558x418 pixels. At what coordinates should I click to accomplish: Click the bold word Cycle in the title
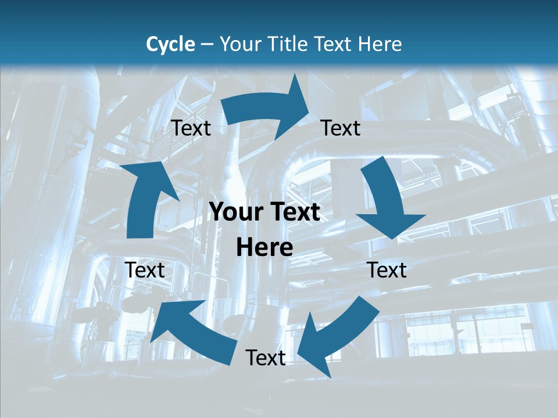170,44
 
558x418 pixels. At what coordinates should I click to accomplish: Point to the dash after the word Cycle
206,45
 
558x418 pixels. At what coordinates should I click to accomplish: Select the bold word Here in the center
264,248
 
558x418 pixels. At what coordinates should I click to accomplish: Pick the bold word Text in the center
294,212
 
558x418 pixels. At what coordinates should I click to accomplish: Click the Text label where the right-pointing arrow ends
341,128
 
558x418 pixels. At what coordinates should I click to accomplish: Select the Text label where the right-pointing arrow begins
191,128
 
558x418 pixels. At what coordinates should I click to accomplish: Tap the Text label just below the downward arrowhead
387,270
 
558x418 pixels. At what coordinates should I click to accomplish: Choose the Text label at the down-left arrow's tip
266,358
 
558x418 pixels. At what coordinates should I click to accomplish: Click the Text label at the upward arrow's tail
145,270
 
